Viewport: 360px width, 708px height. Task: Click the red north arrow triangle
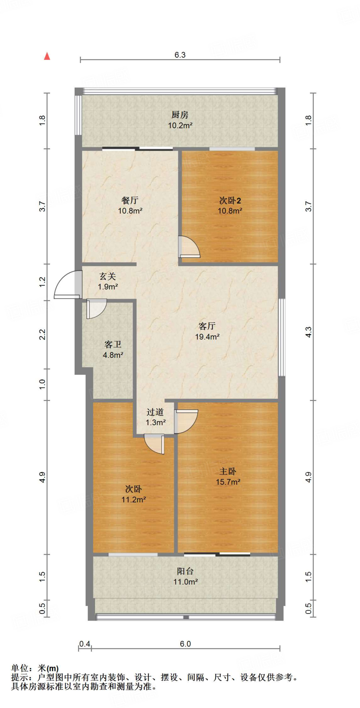(x=47, y=56)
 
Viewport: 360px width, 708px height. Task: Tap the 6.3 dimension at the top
(x=180, y=55)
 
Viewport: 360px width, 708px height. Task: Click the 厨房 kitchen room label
(x=180, y=114)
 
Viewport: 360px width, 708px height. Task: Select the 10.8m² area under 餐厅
(x=130, y=211)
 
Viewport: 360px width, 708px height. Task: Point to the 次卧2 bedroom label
(x=230, y=201)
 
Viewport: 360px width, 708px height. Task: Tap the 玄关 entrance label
(x=107, y=276)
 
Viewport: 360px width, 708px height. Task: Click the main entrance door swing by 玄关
(x=68, y=285)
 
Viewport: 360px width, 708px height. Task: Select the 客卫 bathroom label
(x=113, y=344)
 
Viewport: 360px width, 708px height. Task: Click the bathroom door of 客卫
(x=96, y=309)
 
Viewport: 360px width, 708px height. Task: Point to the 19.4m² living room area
(x=207, y=337)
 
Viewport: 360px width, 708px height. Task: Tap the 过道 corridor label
(x=155, y=412)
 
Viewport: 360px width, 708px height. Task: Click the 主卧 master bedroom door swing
(x=186, y=421)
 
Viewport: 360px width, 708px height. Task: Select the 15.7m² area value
(x=228, y=482)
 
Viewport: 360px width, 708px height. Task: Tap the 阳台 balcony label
(x=185, y=571)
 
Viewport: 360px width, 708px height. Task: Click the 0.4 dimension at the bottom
(x=85, y=644)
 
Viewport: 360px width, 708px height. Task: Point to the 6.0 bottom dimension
(x=185, y=644)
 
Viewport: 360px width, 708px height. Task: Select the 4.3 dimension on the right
(x=308, y=332)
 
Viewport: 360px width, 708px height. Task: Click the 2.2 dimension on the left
(x=42, y=334)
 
